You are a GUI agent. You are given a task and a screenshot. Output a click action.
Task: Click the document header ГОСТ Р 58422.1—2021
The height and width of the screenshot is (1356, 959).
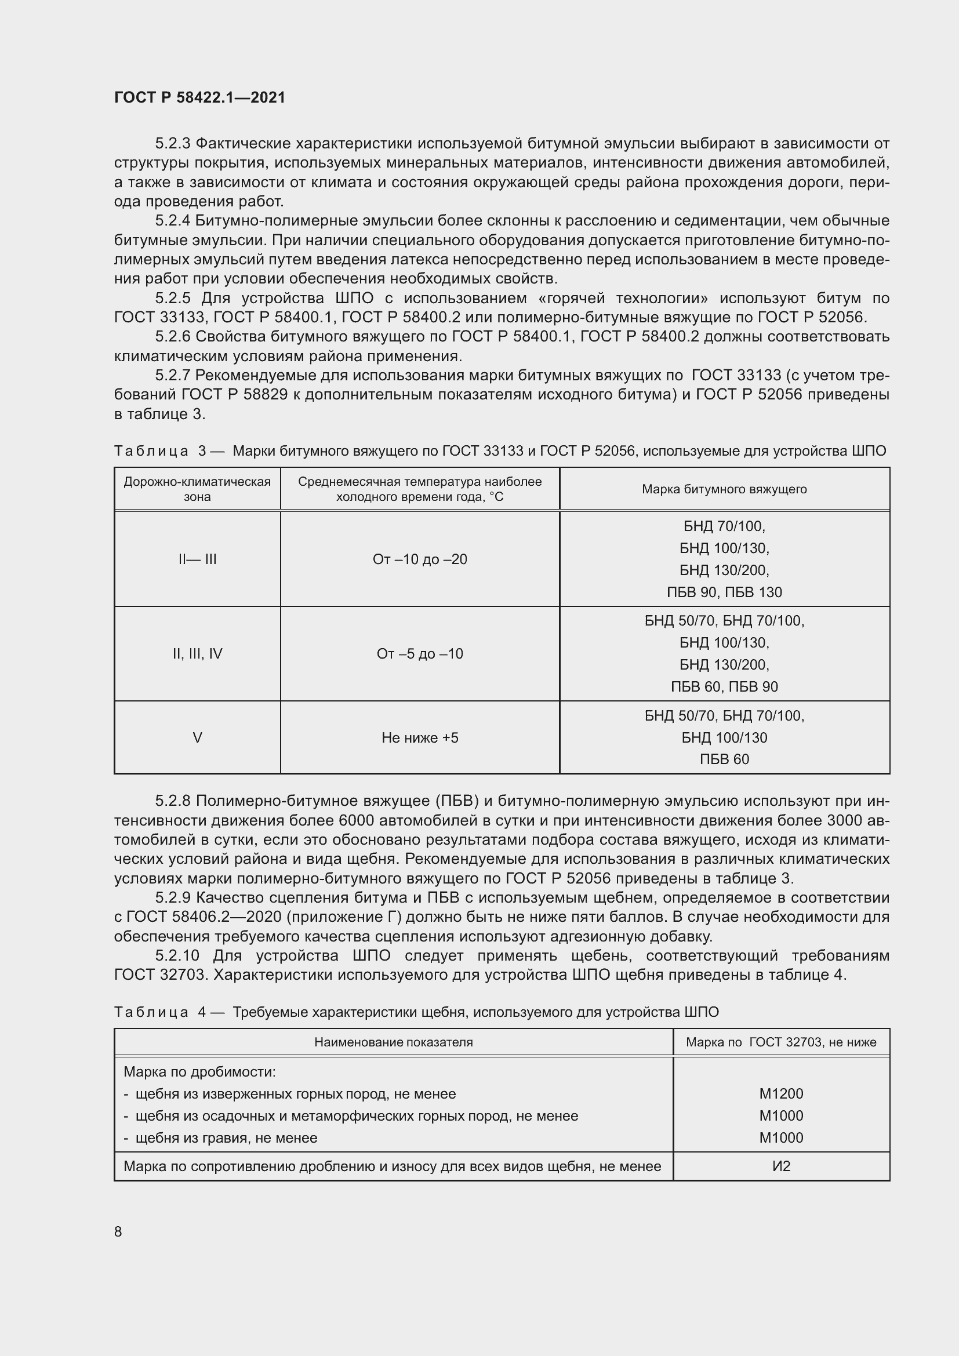coord(199,98)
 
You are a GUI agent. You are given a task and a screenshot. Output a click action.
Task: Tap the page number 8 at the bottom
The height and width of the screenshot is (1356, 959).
coord(118,1231)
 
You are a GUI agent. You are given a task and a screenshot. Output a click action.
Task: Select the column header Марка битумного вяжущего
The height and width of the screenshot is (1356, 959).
coord(724,489)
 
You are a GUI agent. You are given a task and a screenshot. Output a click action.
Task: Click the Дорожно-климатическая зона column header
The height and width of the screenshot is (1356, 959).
coord(197,489)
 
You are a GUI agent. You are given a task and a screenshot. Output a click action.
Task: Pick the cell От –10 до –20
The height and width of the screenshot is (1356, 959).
coord(419,559)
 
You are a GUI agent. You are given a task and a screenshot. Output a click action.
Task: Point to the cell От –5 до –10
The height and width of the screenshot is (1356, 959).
coord(419,654)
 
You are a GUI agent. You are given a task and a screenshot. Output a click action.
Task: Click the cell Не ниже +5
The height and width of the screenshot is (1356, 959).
coord(419,737)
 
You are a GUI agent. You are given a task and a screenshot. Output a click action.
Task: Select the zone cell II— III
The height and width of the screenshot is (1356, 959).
coord(197,559)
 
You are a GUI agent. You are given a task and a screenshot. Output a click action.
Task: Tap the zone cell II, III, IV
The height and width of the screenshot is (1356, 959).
coord(197,654)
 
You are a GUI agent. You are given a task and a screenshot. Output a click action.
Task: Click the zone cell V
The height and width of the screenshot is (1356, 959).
coord(197,737)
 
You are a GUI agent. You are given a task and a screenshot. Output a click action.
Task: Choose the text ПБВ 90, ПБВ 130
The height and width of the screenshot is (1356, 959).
coord(724,592)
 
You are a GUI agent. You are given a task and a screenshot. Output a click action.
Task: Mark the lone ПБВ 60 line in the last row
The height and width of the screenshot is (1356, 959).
coord(724,759)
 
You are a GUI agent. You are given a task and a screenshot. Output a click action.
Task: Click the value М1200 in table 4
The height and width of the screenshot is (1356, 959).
coord(780,1094)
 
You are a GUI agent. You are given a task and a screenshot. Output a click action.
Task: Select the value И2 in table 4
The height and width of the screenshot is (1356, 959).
coord(780,1166)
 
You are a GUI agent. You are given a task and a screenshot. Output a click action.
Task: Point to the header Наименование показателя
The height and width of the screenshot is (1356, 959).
coord(393,1042)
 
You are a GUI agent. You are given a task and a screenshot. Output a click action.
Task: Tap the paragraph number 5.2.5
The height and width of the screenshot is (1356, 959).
coord(173,298)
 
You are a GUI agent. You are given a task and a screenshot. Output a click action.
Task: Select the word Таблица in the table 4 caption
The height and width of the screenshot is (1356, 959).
coord(151,1012)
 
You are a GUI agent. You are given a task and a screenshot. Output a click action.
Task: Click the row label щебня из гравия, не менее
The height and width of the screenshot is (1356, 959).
coord(226,1138)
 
